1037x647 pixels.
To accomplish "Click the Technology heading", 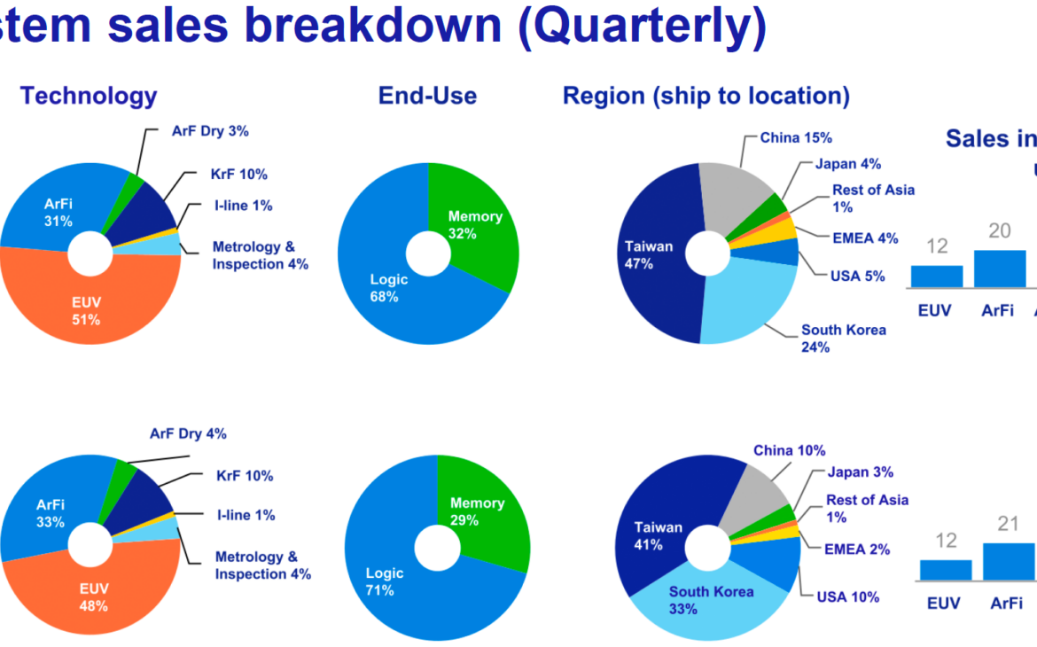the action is click(89, 96).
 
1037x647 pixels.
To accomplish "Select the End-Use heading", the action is click(427, 96).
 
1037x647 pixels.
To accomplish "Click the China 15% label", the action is click(796, 137).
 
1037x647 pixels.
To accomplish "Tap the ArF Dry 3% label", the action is click(210, 131).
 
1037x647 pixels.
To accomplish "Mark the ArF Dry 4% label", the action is click(188, 433).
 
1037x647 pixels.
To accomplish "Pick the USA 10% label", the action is click(848, 596).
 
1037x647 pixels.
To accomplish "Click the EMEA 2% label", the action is click(857, 550).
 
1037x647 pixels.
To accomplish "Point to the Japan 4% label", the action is click(848, 163).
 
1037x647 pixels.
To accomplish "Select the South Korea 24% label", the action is click(843, 338).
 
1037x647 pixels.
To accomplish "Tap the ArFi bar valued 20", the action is click(999, 269).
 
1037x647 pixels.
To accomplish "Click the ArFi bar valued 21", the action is click(1009, 562).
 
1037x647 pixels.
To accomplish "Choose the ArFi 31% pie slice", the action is click(53, 212).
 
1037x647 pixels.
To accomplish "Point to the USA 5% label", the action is click(858, 276).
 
